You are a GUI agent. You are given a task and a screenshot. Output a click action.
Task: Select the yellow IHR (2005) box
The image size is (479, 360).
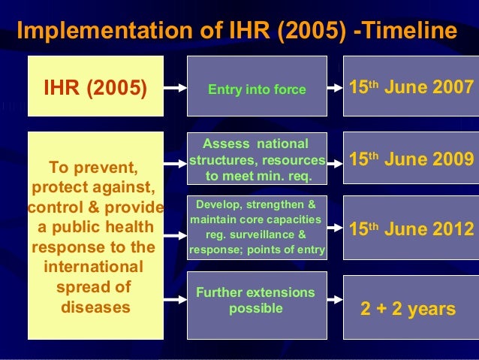(95, 86)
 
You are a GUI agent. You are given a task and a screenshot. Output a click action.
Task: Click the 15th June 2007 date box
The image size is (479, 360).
(411, 86)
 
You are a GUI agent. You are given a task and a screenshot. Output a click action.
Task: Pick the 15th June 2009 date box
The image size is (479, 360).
(411, 159)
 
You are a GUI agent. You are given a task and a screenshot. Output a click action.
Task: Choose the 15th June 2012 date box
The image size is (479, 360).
(411, 228)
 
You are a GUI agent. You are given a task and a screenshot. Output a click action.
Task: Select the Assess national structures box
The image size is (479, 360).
(257, 159)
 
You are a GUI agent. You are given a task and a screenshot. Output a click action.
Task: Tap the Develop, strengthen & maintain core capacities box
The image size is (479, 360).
(257, 228)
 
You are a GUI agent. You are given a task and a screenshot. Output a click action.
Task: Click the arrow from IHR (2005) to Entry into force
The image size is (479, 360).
(176, 88)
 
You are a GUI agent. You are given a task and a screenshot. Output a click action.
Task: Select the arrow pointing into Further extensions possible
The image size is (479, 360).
(176, 300)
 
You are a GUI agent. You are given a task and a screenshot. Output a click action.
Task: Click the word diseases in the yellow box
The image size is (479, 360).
(95, 307)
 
